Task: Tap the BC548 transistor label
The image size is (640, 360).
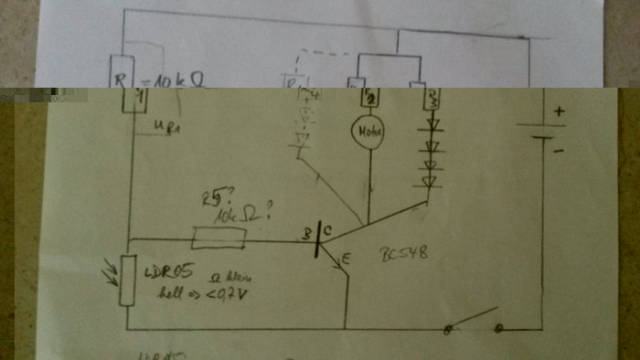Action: pos(403,257)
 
